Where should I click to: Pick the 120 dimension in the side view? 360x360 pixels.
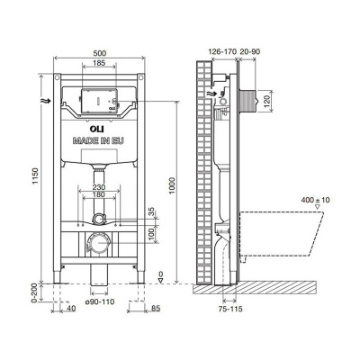pos(268,102)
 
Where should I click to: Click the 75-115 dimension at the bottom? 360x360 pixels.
pos(230,309)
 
